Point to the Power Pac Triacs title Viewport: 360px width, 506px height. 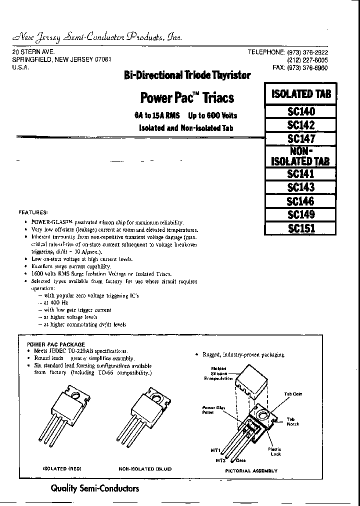pos(186,97)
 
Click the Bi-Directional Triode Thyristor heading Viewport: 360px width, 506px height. pos(187,75)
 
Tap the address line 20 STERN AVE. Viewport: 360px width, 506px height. pos(33,52)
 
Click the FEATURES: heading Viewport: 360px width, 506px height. pos(33,212)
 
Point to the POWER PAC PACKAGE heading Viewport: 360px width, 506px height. pos(55,344)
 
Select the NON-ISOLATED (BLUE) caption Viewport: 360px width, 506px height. pos(145,468)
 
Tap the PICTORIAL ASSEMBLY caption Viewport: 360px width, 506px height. pos(251,470)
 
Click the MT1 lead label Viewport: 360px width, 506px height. pos(215,450)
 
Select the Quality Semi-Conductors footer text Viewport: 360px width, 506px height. pos(94,488)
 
